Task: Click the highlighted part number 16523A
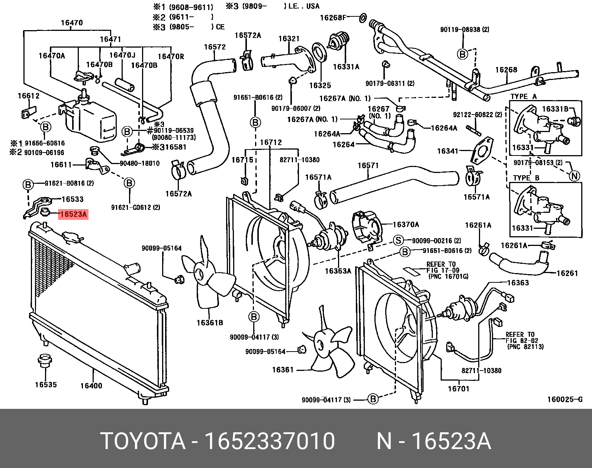(x=73, y=214)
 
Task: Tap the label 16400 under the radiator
(x=91, y=386)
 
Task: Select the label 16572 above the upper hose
(x=215, y=47)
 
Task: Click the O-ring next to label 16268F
(x=363, y=17)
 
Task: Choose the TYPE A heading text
(x=524, y=96)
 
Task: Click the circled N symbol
(x=575, y=176)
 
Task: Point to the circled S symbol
(x=398, y=240)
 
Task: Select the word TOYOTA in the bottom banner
(x=143, y=441)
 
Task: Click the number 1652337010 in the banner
(x=270, y=441)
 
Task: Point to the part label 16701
(x=458, y=389)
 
